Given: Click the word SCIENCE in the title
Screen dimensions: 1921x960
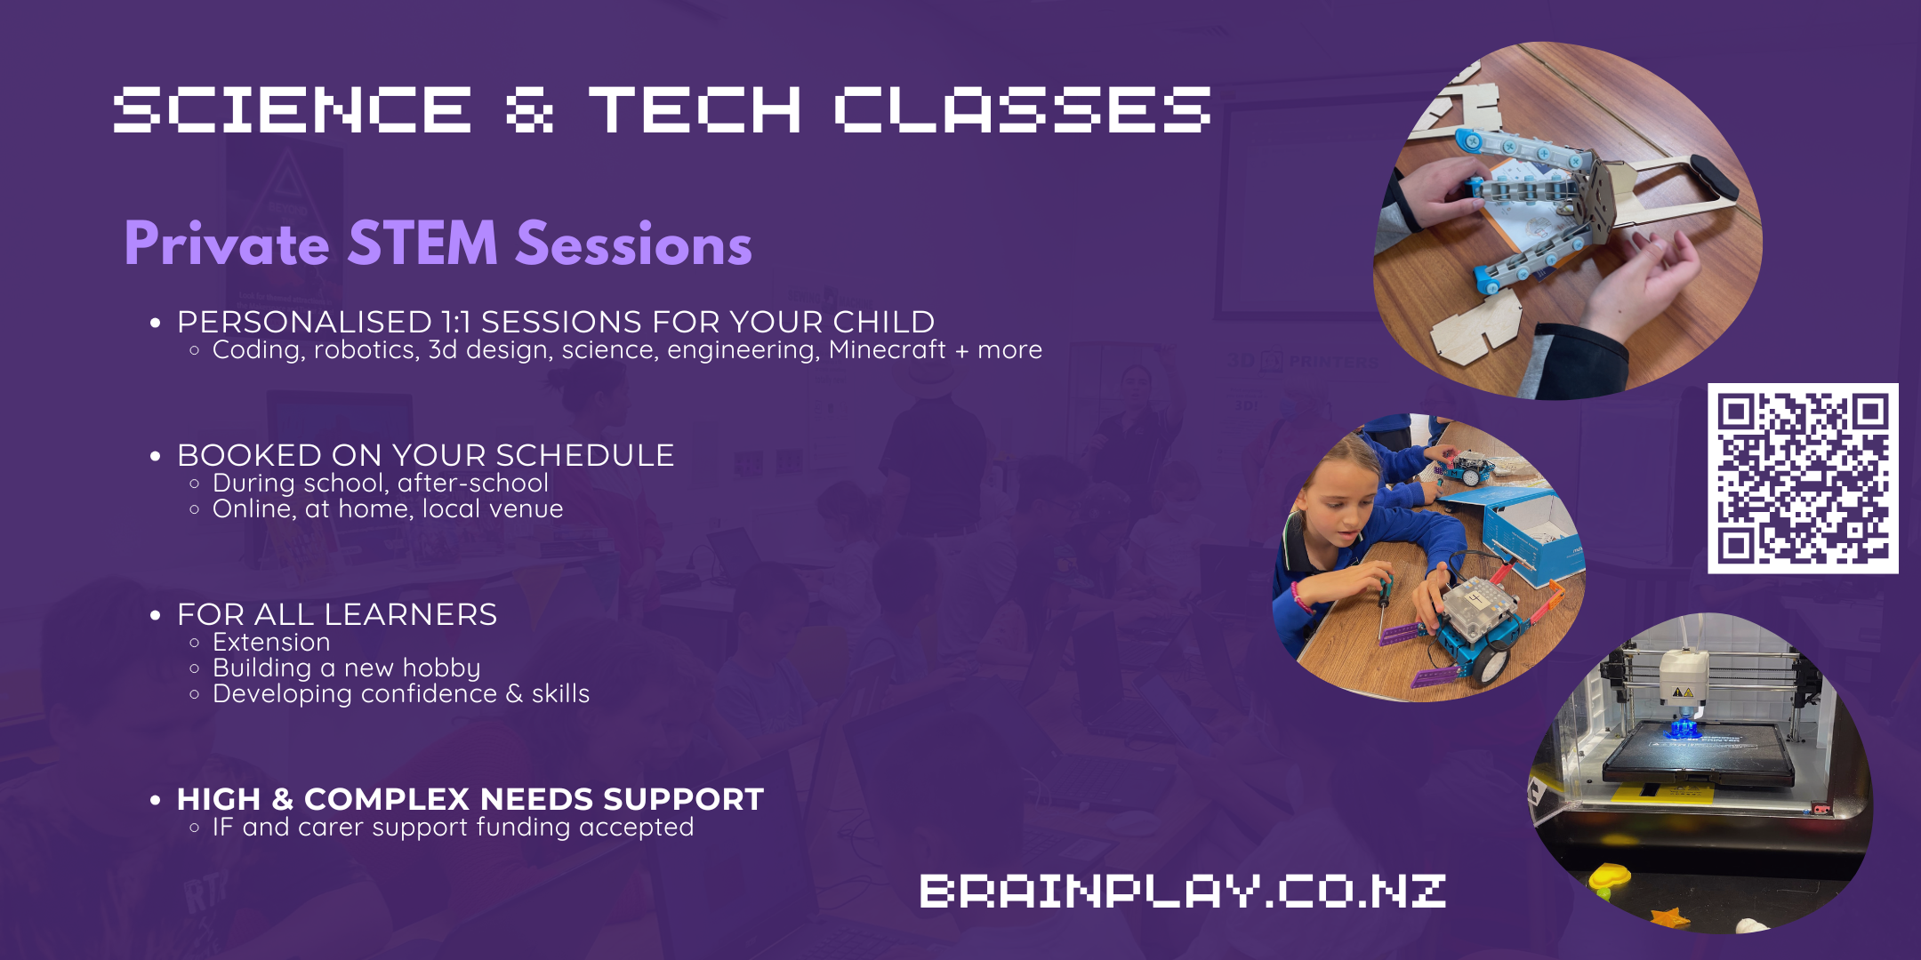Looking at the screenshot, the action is [293, 109].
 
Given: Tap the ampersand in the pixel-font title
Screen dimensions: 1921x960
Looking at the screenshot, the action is [529, 109].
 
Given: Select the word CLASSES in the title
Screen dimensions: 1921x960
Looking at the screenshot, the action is [1022, 109].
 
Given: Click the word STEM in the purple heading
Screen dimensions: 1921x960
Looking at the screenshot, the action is [422, 243].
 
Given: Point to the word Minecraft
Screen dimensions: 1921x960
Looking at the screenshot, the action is [887, 349].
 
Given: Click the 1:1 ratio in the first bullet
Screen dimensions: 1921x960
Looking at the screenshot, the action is [455, 321].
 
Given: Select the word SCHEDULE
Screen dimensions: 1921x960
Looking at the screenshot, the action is [584, 454].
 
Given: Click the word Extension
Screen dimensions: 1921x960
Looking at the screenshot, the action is [271, 642].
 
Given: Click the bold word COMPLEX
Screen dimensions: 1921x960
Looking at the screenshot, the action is [386, 799].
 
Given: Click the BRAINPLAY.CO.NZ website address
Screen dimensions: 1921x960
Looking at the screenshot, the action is [1183, 891].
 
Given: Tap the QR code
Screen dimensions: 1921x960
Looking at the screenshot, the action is [1803, 478].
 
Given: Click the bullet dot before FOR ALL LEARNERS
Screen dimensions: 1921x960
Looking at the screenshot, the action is [156, 615].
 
